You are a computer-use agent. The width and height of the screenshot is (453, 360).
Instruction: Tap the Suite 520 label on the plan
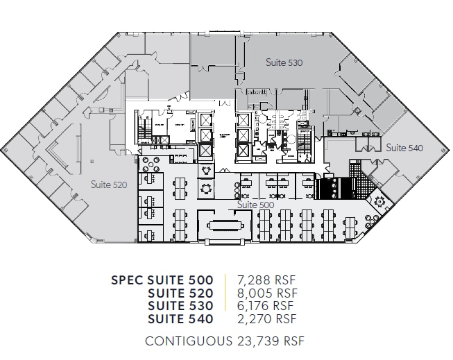point(110,185)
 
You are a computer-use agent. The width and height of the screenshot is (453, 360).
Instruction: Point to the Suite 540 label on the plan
point(404,148)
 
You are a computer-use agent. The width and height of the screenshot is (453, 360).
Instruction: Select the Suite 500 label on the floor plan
point(255,205)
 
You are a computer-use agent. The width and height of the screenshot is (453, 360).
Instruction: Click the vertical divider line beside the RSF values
point(225,300)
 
